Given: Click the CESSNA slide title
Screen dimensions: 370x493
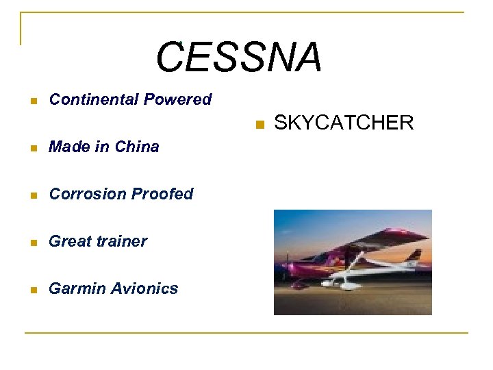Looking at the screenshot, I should click(238, 57).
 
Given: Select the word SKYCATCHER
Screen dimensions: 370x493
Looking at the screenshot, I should click(344, 123).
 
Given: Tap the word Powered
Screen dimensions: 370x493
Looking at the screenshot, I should click(177, 99).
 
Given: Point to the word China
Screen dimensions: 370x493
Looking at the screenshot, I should click(137, 147).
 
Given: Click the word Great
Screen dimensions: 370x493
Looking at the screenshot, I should click(69, 241).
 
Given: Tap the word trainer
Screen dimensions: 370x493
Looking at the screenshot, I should click(121, 241).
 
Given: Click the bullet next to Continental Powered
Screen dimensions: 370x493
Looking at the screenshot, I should click(33, 101).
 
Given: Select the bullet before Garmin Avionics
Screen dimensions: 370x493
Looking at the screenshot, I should click(33, 290).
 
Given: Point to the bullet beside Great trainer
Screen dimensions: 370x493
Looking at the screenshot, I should click(33, 243).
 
